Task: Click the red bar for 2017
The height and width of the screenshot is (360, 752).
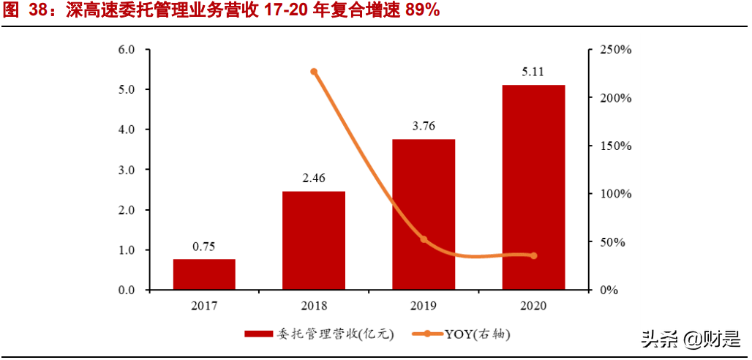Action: click(204, 274)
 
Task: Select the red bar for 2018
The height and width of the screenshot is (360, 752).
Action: click(314, 241)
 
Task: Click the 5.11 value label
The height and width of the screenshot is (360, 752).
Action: click(533, 72)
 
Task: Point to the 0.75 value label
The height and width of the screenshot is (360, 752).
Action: click(204, 247)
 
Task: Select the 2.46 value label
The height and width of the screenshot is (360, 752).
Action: click(314, 178)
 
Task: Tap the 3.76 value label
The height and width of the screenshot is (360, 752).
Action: click(424, 126)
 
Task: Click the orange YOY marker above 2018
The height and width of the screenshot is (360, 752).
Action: click(314, 72)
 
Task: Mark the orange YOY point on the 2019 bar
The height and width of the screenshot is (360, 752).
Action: click(424, 239)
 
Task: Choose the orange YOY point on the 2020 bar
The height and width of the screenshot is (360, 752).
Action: click(533, 255)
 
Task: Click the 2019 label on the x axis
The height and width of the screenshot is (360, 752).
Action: click(424, 305)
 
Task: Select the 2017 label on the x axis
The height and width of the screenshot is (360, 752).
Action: click(204, 305)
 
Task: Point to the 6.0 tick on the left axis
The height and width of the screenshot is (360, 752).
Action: click(127, 50)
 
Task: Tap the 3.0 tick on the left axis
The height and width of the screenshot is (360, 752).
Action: click(127, 170)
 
